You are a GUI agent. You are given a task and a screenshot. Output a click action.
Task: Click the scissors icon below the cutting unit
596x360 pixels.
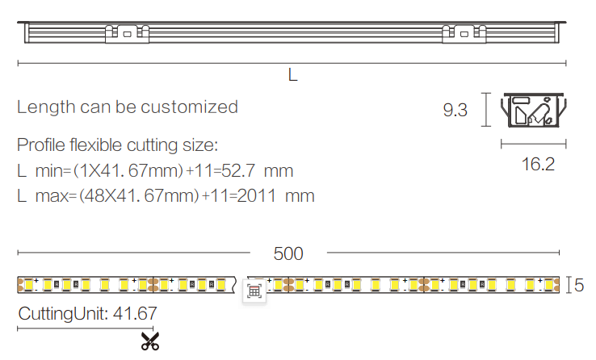(150, 341)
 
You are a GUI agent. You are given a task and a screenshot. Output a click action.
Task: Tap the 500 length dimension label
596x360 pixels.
(288, 253)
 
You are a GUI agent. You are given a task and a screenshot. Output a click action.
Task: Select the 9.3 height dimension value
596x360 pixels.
(455, 110)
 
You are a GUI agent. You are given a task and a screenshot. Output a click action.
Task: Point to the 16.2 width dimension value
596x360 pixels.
(538, 164)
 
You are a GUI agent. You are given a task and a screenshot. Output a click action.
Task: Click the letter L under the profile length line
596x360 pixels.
(292, 75)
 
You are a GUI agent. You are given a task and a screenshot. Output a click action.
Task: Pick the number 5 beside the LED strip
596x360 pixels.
(579, 285)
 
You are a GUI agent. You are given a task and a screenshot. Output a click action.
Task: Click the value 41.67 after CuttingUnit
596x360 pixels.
(135, 314)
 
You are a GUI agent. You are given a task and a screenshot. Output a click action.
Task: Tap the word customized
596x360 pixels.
(189, 107)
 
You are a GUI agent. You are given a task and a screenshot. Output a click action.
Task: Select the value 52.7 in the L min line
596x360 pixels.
(238, 171)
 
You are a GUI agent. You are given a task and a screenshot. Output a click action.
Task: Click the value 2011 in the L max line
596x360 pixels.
(256, 196)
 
